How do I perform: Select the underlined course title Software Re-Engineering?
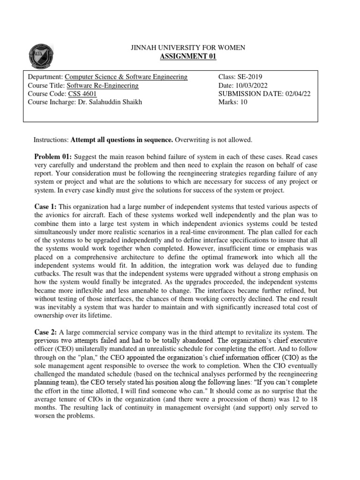103,85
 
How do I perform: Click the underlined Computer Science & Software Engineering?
126,77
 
